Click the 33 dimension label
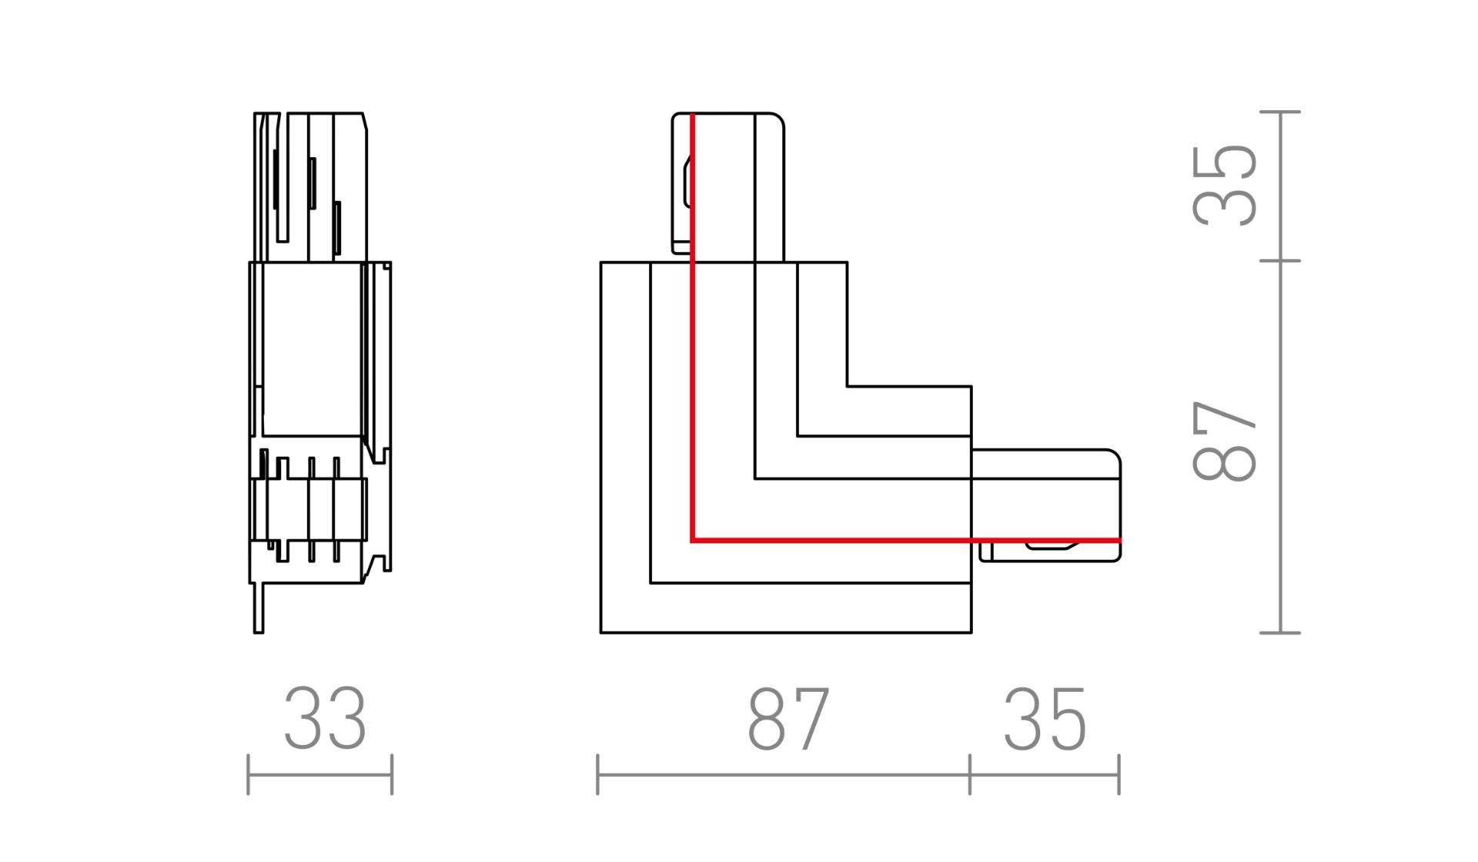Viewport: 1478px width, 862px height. click(x=325, y=719)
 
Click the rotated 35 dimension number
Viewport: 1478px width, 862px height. click(x=1224, y=185)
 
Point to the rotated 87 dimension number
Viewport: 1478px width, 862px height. click(x=1224, y=440)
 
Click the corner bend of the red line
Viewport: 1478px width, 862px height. click(x=693, y=541)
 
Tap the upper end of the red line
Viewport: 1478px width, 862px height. click(x=693, y=115)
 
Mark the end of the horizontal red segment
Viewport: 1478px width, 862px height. click(x=1119, y=541)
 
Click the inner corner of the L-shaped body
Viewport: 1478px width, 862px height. click(x=847, y=386)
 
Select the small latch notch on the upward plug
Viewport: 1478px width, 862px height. click(x=687, y=182)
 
